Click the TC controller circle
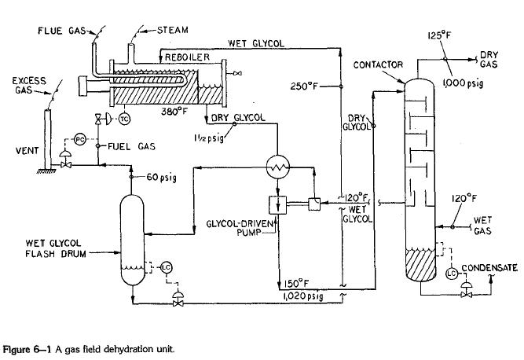(x=124, y=119)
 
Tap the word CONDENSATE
(x=491, y=268)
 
